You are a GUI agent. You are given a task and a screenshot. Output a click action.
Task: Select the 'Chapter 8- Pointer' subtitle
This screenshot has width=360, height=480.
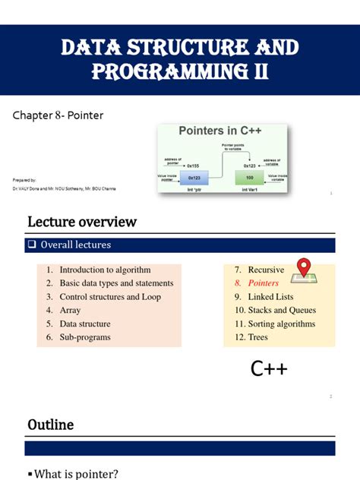click(58, 115)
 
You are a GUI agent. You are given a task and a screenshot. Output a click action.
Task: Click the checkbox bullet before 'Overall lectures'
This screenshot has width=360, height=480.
click(33, 245)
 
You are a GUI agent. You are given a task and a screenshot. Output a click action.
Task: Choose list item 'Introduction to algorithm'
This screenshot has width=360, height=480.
click(105, 270)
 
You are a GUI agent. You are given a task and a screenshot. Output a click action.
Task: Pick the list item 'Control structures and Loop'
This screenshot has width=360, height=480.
click(110, 297)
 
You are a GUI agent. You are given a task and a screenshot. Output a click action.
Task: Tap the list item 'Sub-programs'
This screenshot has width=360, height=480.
click(85, 337)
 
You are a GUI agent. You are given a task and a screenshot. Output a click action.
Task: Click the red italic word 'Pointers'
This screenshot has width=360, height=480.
click(264, 283)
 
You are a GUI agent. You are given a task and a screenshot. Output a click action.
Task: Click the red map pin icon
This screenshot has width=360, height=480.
click(305, 268)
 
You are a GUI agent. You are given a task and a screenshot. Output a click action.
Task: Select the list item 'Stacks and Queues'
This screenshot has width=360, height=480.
click(282, 310)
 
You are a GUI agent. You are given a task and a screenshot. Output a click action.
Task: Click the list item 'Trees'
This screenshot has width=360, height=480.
click(257, 337)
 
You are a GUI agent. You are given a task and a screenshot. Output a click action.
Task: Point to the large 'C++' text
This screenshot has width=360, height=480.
click(269, 369)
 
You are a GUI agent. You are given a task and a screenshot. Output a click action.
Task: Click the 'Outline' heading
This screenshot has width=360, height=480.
click(51, 425)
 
